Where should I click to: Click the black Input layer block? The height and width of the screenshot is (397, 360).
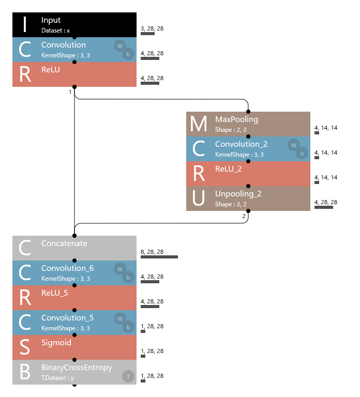(74, 24)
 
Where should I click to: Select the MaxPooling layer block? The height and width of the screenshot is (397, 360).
(248, 124)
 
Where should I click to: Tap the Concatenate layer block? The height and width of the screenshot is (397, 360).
(74, 248)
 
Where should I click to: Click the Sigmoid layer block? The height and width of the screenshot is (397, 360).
(74, 347)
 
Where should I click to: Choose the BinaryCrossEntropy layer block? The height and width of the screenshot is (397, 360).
(74, 372)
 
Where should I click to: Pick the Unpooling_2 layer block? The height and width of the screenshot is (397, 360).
(248, 198)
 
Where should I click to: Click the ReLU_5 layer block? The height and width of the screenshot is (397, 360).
(74, 297)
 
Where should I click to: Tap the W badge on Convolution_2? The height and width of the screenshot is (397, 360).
(294, 145)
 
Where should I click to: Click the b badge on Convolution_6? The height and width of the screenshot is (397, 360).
(127, 277)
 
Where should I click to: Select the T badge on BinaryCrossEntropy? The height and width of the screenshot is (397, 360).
(127, 376)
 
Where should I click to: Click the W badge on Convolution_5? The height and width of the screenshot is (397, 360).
(120, 318)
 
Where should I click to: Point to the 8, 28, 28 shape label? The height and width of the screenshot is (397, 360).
(152, 252)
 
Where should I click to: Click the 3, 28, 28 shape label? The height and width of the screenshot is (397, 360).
(152, 28)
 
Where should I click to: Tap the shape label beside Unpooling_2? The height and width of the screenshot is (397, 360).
(326, 202)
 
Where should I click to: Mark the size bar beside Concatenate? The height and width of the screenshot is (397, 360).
(159, 257)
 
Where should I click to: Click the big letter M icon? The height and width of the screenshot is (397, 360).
(199, 124)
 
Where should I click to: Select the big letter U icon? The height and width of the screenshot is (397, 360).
(199, 198)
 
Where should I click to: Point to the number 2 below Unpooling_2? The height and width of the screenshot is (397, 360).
(244, 216)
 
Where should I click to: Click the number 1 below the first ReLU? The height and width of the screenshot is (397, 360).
(70, 92)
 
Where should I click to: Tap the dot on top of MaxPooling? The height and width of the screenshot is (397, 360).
(248, 111)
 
